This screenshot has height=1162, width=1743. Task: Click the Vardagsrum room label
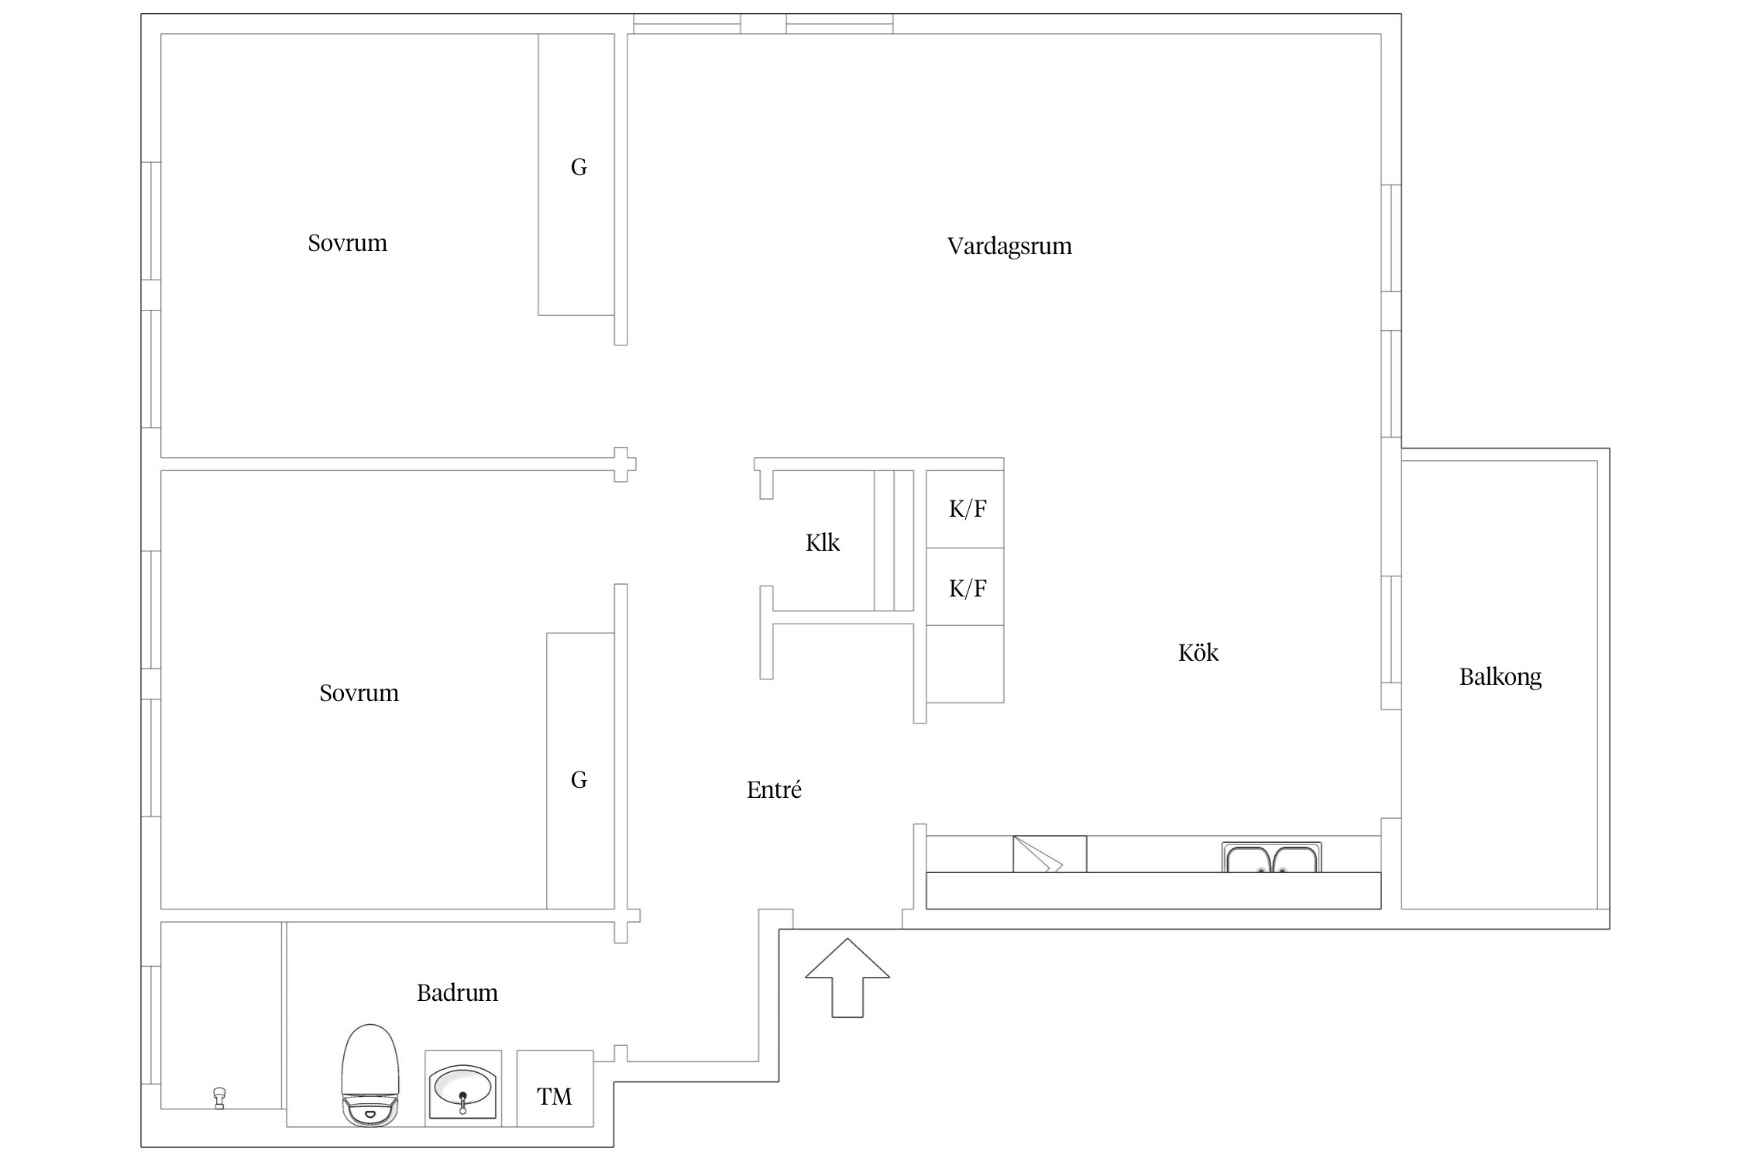tap(1009, 246)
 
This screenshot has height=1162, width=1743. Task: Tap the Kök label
tap(1198, 653)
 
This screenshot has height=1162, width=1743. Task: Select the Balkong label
tap(1501, 677)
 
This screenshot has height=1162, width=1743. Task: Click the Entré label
tap(774, 790)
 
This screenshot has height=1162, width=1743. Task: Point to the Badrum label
tap(457, 993)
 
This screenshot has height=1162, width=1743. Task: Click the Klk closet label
tap(822, 543)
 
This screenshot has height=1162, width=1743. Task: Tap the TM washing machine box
tap(555, 1088)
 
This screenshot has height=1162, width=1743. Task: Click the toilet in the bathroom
tap(370, 1075)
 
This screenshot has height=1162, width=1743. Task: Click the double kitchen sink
tap(1272, 858)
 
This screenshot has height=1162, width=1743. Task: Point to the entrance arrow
tap(847, 978)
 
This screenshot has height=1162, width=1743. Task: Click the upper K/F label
tap(968, 509)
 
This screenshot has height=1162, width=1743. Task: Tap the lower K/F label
tap(968, 589)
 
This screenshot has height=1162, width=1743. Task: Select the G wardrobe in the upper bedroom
tap(576, 175)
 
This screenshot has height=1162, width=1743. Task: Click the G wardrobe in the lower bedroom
tap(580, 771)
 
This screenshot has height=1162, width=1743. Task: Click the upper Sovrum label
tap(347, 243)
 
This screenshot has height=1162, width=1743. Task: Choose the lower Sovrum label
tap(359, 693)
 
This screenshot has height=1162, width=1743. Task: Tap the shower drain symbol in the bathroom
tap(219, 1098)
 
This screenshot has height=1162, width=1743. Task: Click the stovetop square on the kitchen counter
tap(1050, 854)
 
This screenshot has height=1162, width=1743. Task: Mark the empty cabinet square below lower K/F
tap(965, 664)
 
